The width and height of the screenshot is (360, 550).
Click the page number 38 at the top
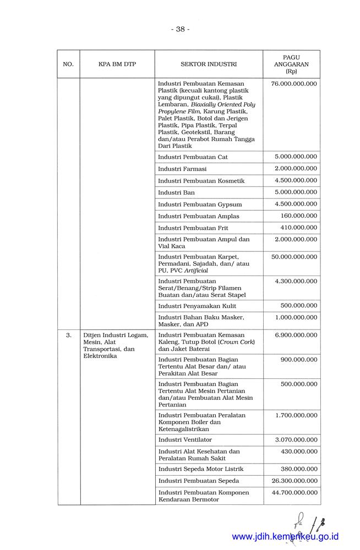point(180,29)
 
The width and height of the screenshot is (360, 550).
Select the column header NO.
point(68,64)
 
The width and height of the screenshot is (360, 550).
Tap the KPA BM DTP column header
point(117,64)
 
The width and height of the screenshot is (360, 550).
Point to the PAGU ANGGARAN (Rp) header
point(291,64)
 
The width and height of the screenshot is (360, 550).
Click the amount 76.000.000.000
point(294,84)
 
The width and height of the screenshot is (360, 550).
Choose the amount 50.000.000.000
point(294,256)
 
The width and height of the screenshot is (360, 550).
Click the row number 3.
point(68,334)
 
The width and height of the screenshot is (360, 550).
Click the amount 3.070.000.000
point(296,439)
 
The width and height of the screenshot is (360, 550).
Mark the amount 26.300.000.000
point(294,481)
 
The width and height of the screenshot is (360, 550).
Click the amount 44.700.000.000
point(294,492)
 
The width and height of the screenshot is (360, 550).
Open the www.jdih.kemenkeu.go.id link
point(285,537)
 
